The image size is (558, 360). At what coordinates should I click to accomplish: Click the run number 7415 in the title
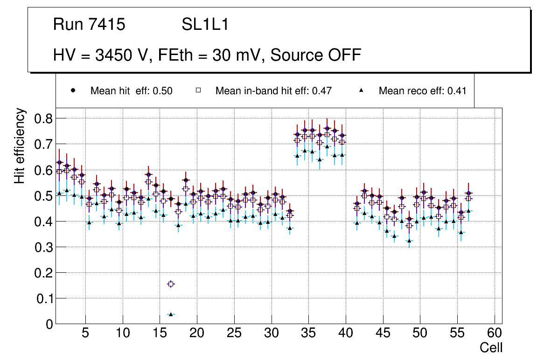[107, 25]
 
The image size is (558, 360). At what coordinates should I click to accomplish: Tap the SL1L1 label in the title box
[205, 25]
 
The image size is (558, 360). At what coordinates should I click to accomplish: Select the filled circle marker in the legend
[73, 90]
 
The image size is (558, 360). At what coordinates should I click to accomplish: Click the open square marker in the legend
[198, 90]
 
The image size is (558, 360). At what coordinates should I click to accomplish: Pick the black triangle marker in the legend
[361, 90]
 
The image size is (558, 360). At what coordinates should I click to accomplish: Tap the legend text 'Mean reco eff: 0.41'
[422, 91]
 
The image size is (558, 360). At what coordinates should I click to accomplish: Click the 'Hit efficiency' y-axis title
[20, 145]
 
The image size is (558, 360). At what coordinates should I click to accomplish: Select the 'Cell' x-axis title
[491, 347]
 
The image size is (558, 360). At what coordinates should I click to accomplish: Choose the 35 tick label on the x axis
[308, 334]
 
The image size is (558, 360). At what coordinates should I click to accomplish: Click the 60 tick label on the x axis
[495, 334]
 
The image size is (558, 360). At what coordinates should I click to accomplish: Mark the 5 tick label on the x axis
[85, 334]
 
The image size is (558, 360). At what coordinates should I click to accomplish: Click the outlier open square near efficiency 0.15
[171, 284]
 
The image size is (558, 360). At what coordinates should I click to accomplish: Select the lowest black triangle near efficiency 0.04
[171, 314]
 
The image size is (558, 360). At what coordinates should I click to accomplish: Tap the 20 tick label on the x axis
[197, 334]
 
